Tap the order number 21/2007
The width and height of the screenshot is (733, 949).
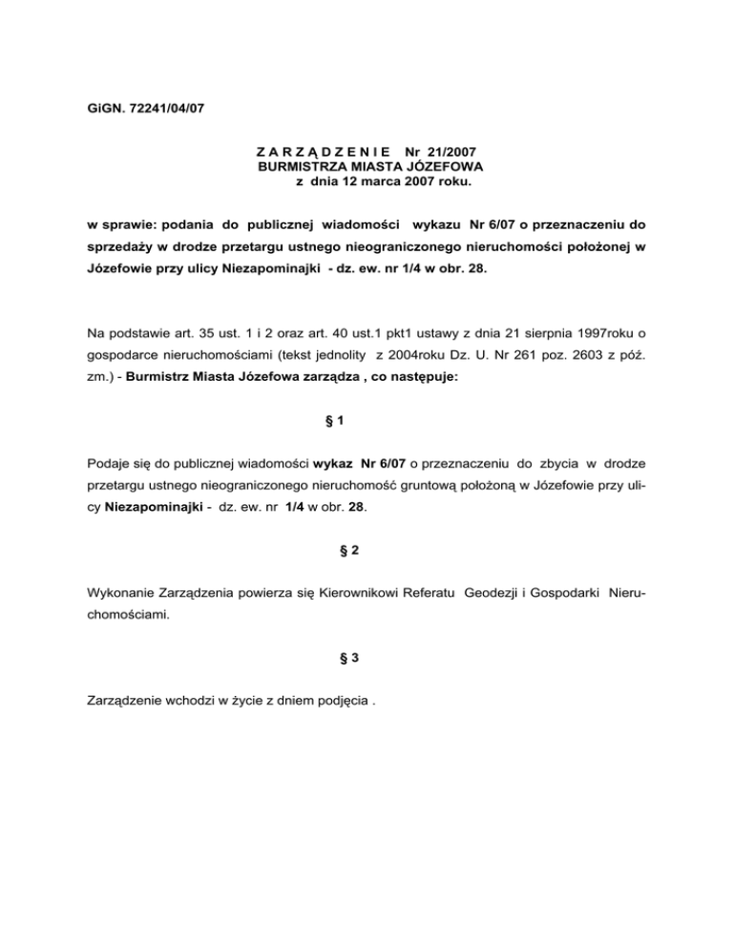[450, 151]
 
